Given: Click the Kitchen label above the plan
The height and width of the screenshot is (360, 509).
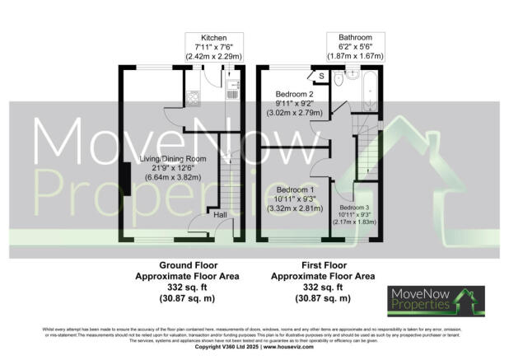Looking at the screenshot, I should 213,38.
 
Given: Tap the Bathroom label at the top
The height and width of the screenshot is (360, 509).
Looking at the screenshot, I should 349,38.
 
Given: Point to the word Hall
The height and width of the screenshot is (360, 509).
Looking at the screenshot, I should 221,214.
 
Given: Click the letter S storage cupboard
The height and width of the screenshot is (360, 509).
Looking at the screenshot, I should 320,77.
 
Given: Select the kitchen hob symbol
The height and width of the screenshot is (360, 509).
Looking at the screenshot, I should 191,99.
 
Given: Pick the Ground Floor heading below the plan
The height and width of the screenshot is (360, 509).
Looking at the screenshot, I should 187,265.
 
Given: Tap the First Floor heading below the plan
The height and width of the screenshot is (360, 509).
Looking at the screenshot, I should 324,265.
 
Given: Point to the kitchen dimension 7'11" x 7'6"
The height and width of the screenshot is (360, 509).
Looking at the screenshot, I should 213,48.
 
